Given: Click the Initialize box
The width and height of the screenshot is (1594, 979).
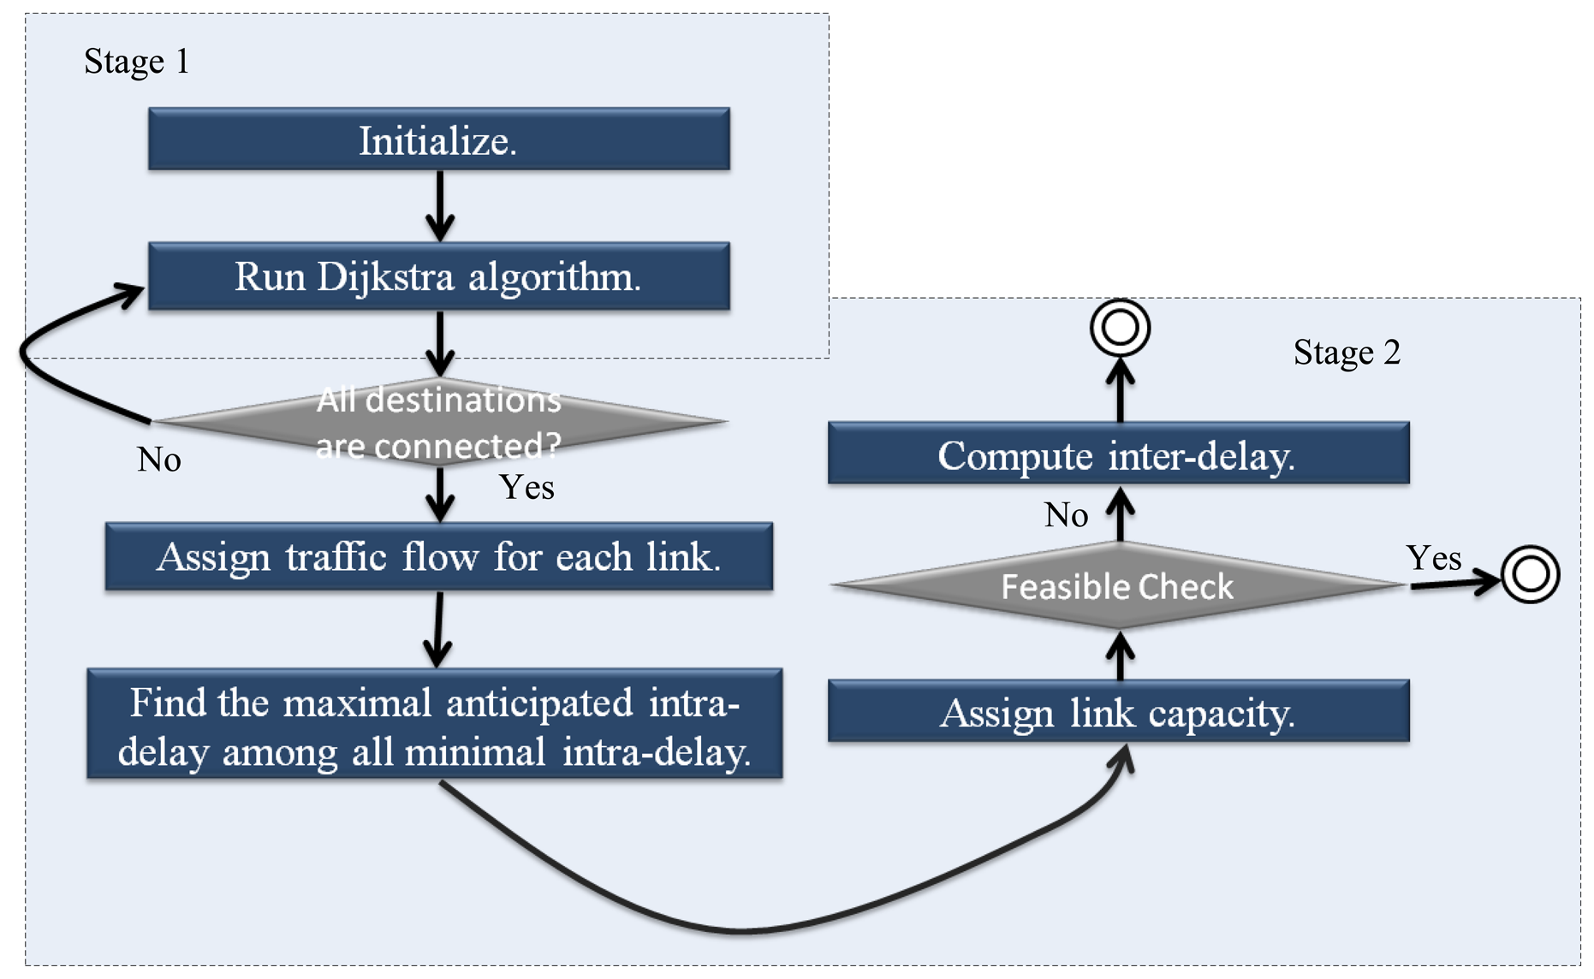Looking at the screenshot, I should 438,139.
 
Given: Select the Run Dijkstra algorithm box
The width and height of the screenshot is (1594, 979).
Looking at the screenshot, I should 438,276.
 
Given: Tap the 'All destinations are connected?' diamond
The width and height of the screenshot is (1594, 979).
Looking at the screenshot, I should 438,422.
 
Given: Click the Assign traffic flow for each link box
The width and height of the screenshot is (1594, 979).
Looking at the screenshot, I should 438,557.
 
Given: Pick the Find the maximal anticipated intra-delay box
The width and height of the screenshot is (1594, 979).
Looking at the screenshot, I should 434,724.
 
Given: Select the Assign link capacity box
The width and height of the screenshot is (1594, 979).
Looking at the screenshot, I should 1118,711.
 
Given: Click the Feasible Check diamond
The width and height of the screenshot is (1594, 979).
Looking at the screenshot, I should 1118,586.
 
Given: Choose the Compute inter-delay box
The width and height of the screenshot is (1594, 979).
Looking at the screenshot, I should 1118,454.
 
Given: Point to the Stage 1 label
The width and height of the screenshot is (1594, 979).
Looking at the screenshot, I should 136,62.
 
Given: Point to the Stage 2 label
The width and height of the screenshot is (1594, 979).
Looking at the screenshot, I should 1346,353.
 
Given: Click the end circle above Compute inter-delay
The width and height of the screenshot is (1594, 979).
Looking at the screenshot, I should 1120,328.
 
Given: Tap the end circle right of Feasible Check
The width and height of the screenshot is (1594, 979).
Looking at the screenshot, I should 1530,574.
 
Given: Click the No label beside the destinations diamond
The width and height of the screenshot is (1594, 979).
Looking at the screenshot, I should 159,460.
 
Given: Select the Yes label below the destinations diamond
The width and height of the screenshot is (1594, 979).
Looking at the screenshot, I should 526,487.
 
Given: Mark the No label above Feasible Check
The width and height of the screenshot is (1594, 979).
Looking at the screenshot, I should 1066,515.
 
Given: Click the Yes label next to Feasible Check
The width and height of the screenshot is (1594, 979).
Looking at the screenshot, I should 1433,558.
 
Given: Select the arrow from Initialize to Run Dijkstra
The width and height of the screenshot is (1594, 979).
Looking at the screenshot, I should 439,205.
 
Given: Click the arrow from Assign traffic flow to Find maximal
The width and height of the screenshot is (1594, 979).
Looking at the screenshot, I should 437,629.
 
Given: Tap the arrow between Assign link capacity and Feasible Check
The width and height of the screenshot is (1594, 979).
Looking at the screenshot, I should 1120,656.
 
